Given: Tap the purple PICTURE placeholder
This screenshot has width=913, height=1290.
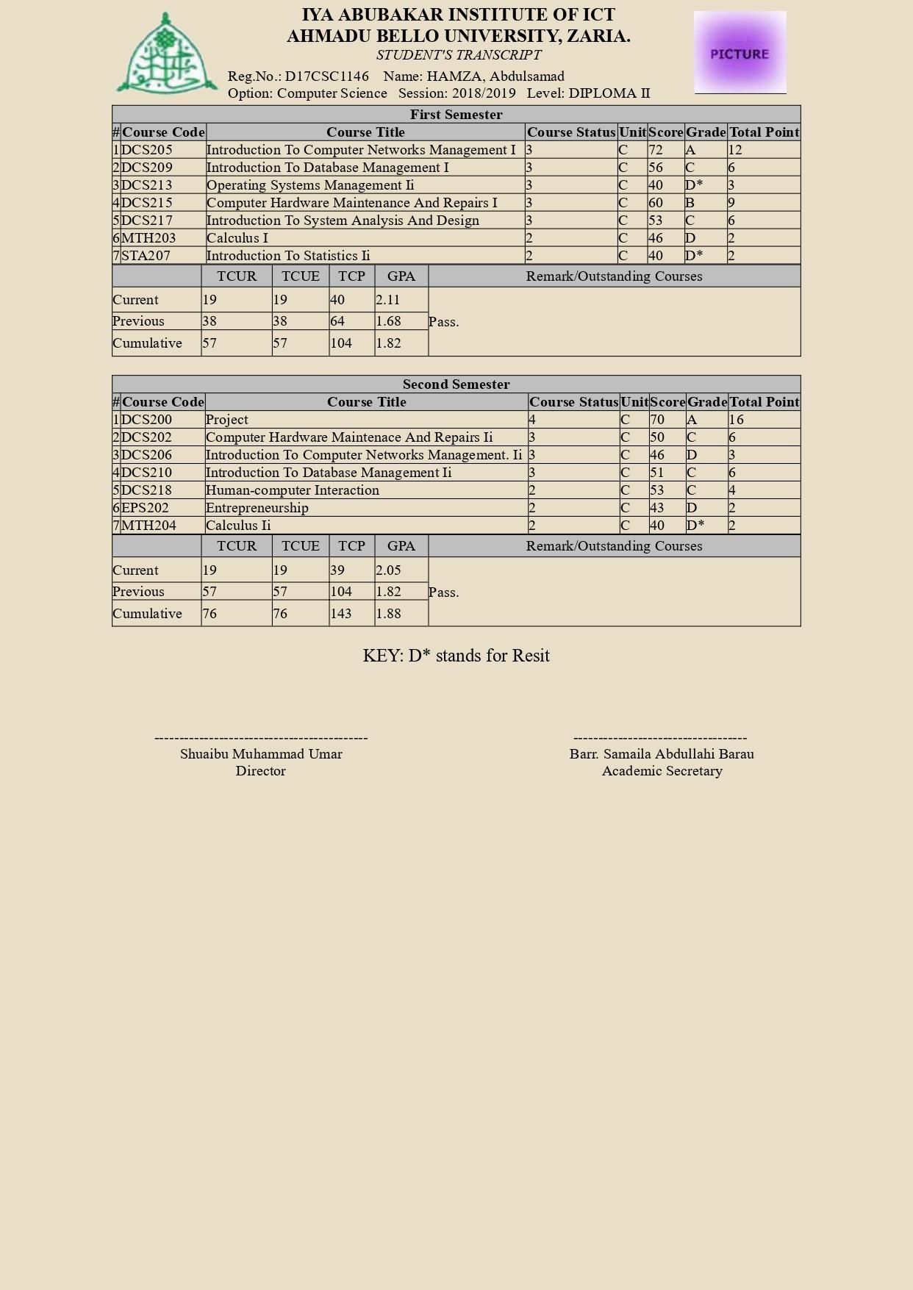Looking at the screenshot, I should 740,52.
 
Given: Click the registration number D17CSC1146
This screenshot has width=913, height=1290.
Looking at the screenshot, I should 326,76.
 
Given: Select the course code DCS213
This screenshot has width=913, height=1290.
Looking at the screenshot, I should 146,185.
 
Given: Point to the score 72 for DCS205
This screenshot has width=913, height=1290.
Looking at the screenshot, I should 656,150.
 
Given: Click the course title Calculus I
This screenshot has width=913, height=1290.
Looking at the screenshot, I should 237,238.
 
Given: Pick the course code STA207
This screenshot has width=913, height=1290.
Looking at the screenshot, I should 146,256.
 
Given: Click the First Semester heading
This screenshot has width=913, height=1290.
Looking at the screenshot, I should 456,115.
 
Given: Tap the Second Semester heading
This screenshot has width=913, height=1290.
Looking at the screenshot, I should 456,384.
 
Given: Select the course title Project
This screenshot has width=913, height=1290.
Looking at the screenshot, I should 226,420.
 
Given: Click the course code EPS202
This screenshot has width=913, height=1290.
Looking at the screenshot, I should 145,508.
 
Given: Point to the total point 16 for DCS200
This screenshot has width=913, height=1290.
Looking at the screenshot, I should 737,420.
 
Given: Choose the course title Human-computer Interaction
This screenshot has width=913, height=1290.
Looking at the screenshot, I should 292,490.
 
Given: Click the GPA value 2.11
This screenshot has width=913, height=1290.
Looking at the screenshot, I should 387,300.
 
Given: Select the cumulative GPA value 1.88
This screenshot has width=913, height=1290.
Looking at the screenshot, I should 388,614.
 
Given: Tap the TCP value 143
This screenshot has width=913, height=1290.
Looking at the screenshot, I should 341,614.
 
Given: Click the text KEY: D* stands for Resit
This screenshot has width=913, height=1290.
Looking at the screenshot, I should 456,656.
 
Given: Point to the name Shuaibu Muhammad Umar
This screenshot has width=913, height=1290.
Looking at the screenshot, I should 261,754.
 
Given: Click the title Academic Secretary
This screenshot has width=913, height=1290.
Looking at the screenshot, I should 662,771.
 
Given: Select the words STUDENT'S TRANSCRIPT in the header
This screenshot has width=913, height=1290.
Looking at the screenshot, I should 458,55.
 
